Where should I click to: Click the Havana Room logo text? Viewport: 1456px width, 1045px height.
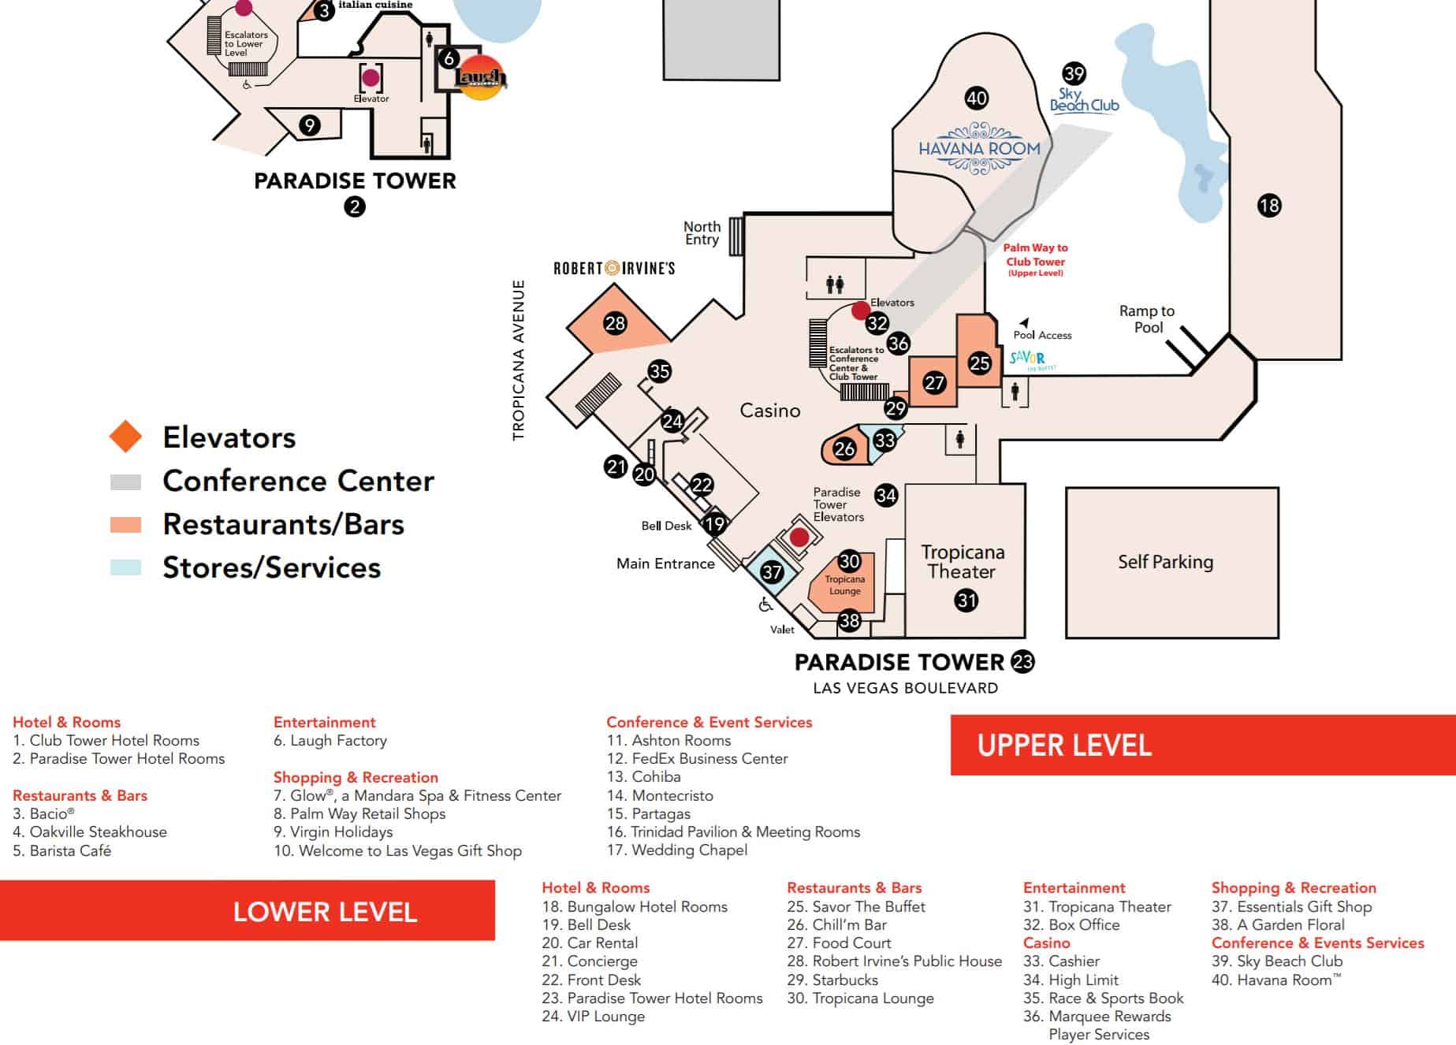pos(979,148)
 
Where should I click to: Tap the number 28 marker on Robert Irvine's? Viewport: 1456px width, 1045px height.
pos(615,322)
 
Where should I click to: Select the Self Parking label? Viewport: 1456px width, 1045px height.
pos(1165,562)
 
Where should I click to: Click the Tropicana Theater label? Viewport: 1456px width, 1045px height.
pos(963,561)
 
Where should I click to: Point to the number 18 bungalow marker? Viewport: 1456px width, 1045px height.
pos(1269,206)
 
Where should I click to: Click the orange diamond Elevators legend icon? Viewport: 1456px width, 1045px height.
pos(126,437)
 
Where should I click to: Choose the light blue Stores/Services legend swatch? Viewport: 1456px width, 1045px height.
pos(126,567)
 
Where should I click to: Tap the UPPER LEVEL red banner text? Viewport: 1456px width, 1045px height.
pos(1064,746)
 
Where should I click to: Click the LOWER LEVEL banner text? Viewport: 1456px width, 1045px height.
pos(325,912)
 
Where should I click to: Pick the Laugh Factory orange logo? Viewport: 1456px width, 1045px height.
pos(481,77)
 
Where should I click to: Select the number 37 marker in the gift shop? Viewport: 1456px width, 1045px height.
pos(772,572)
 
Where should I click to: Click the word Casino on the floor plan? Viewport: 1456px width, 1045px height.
pos(770,411)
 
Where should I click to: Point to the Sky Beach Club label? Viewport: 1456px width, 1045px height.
pos(1084,100)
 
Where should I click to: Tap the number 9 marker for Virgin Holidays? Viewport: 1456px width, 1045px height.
pos(310,125)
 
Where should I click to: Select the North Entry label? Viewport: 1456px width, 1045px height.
pos(702,233)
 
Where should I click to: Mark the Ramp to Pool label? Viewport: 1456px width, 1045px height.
pos(1147,319)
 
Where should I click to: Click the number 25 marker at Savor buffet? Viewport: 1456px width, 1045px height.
pos(979,363)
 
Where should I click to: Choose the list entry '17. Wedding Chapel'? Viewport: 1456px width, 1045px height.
pos(677,850)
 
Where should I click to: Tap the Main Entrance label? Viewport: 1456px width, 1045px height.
pos(665,563)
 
